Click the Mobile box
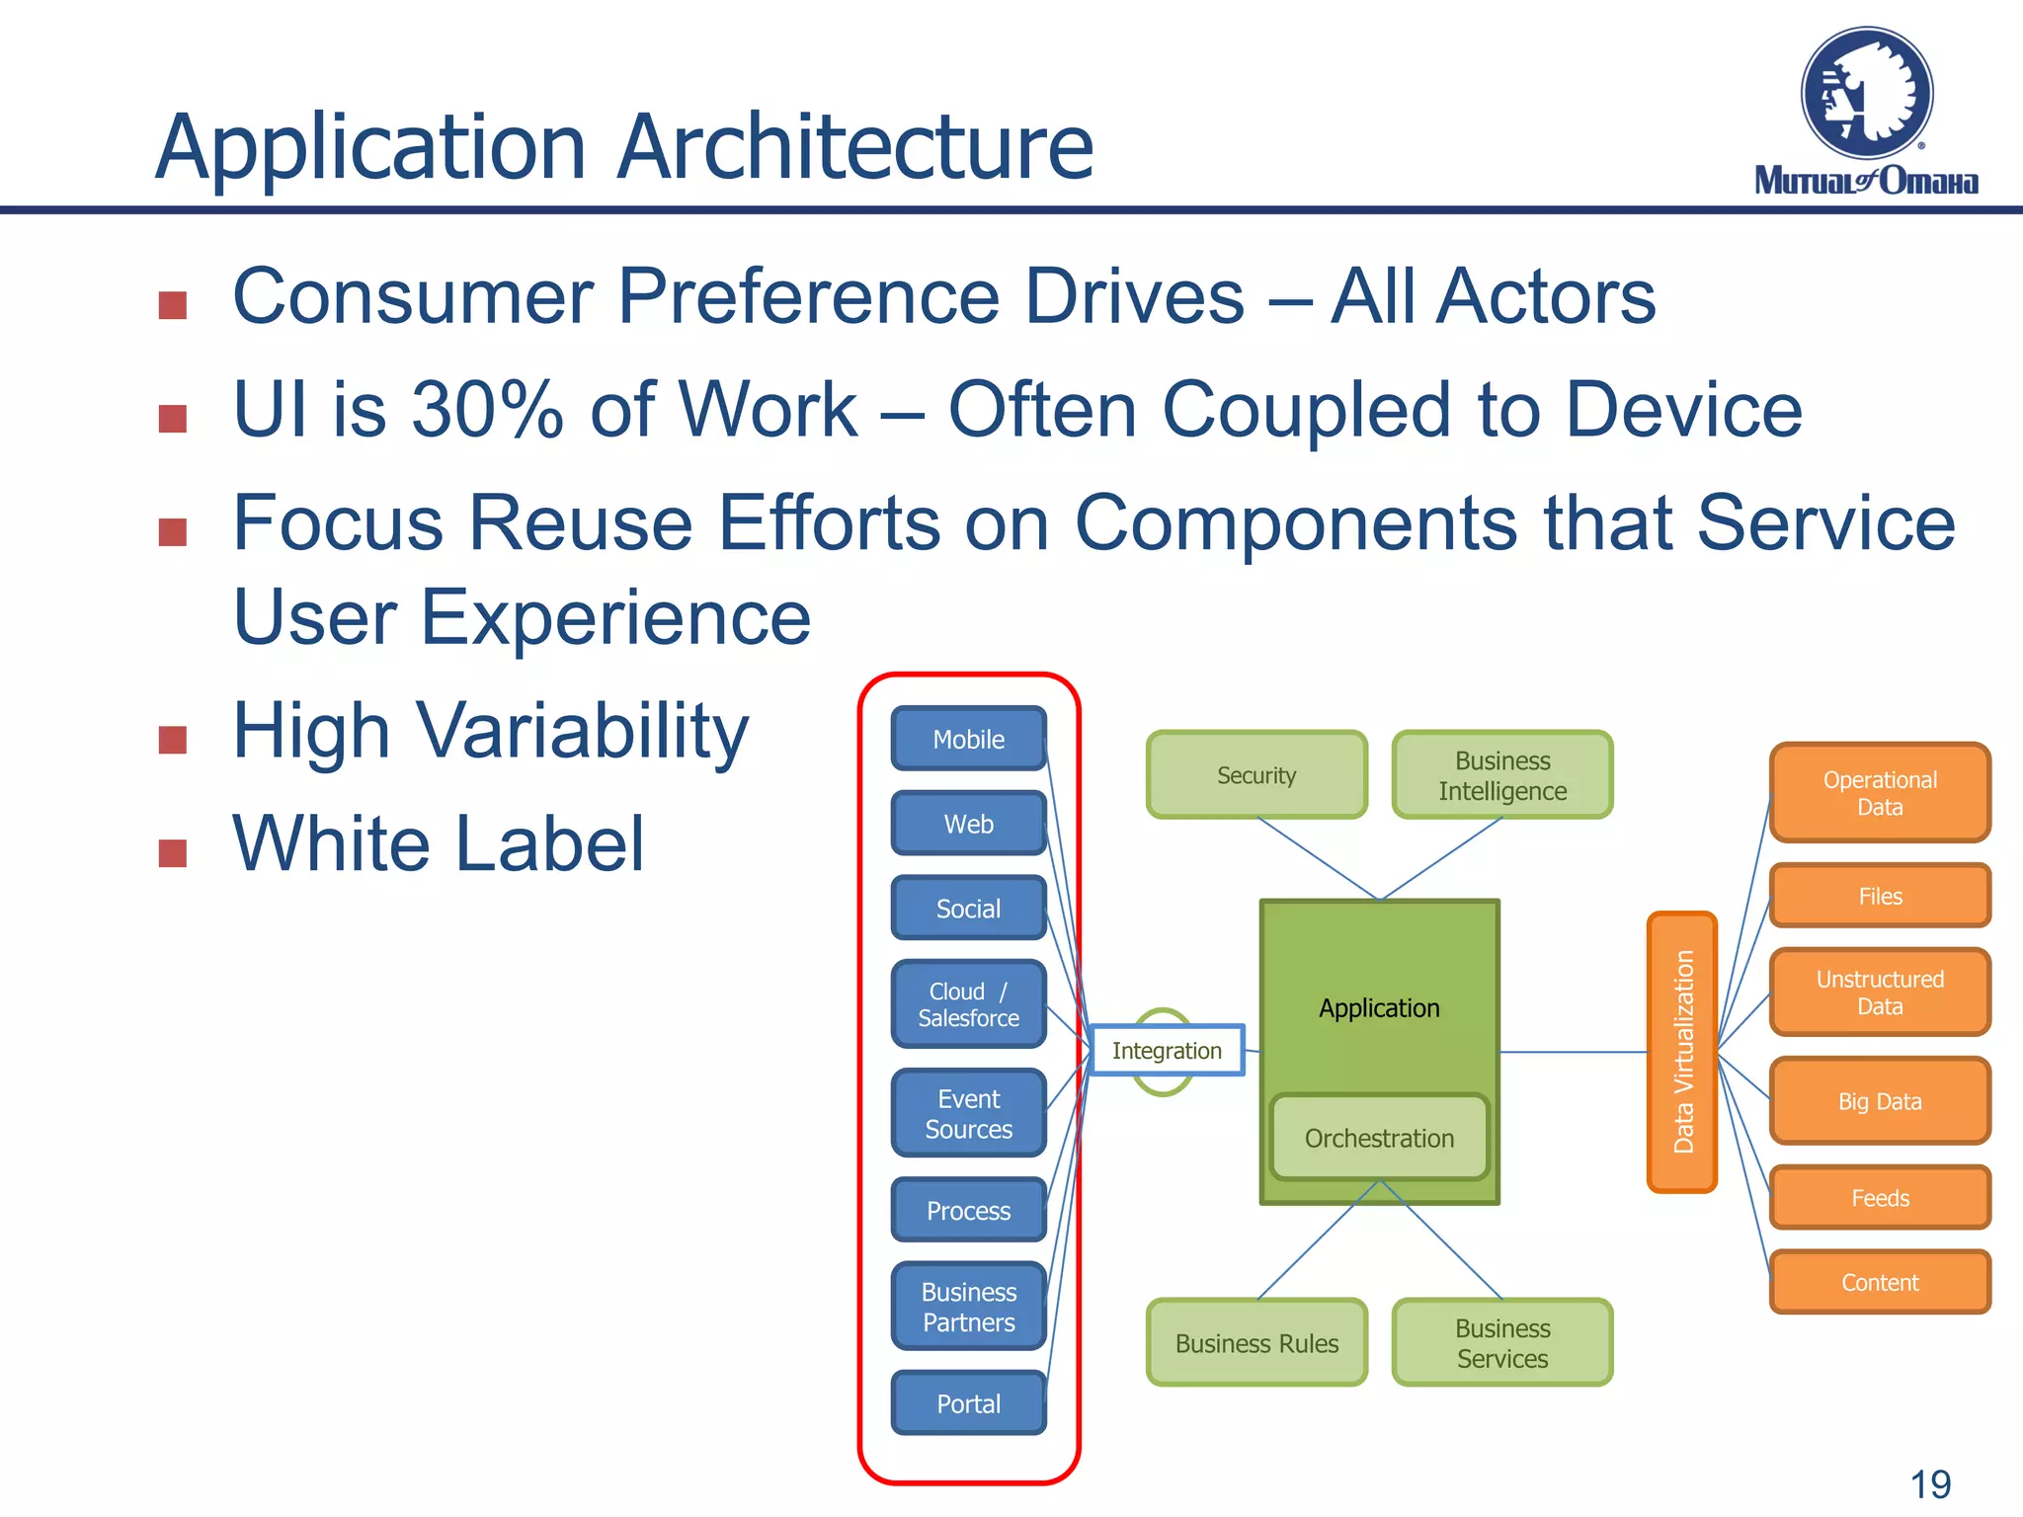(968, 739)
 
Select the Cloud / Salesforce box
(968, 1004)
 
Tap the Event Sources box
(968, 1113)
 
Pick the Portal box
(968, 1403)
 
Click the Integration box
(1167, 1050)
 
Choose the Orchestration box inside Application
(1379, 1138)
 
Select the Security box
(1256, 775)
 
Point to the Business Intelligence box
(1501, 775)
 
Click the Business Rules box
(1256, 1343)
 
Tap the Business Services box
(1501, 1343)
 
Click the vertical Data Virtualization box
(1682, 1052)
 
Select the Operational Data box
(1880, 793)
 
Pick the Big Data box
(1880, 1101)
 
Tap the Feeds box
(1880, 1198)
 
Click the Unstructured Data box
(1880, 993)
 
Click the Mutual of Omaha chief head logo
(1866, 94)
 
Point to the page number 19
(1930, 1484)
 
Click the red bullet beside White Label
(173, 852)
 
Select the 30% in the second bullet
(487, 409)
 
